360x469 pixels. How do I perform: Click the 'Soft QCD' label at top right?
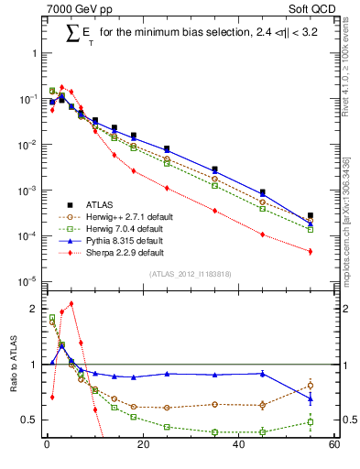[313, 10]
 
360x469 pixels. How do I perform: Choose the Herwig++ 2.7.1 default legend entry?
[130, 215]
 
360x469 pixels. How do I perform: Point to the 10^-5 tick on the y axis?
[29, 281]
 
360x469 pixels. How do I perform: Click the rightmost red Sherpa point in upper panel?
[311, 251]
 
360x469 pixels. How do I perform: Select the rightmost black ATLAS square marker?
[311, 215]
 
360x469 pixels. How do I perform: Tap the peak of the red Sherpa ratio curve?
[71, 303]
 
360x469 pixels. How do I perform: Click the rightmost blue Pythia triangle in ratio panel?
[311, 398]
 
